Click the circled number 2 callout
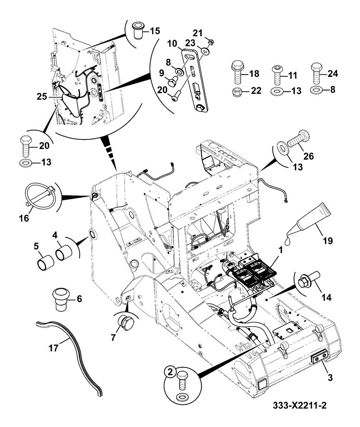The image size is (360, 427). tap(170, 372)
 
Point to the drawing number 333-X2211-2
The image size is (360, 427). tap(300, 406)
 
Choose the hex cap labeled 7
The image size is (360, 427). tap(125, 323)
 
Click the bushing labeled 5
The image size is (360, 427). tap(45, 263)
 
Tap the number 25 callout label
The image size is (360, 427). tap(42, 96)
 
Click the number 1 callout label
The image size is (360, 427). tap(280, 250)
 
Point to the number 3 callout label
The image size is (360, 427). tap(330, 377)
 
